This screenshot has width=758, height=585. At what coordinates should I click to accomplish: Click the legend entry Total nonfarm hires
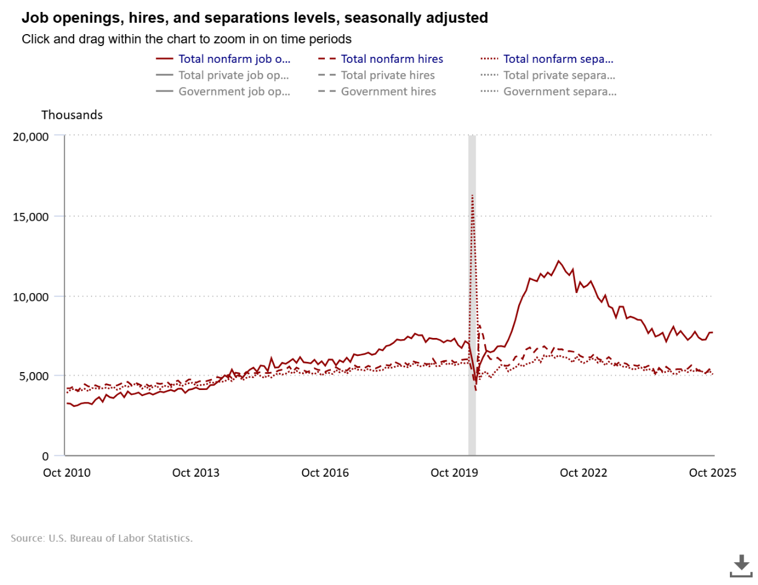point(392,59)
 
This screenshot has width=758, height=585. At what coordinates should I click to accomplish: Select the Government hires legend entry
point(388,92)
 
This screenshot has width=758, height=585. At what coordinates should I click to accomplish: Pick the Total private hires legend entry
point(388,75)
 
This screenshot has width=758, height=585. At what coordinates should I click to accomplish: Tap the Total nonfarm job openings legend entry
point(234,59)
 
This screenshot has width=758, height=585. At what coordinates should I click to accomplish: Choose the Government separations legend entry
point(559,92)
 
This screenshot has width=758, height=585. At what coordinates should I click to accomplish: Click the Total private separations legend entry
point(559,75)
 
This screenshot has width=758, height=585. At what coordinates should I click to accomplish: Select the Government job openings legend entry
point(234,92)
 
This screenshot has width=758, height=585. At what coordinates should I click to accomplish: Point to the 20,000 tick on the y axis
point(31,136)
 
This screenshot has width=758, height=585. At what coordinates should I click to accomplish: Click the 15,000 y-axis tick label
point(31,217)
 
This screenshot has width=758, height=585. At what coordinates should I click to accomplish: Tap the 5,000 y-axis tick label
point(34,376)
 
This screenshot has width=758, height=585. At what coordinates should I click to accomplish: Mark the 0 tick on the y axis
point(45,456)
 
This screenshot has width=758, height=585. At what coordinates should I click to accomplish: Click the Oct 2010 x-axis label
point(66,473)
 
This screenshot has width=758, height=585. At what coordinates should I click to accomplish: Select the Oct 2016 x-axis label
point(325,473)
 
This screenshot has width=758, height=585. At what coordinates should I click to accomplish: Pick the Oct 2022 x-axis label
point(583,473)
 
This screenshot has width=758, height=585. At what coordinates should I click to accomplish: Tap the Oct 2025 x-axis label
point(713,473)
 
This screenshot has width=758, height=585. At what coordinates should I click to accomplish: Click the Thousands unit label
point(72,115)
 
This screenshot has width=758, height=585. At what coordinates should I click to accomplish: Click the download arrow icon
point(741,565)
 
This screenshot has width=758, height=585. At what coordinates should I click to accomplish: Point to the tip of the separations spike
point(473,196)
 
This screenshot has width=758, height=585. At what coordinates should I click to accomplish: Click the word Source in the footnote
point(27,538)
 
